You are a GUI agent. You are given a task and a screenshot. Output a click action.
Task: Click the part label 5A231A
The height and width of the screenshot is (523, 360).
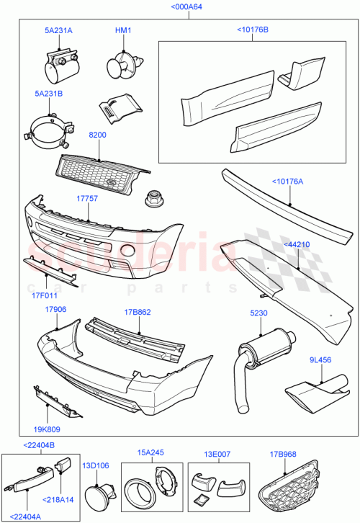[58, 31]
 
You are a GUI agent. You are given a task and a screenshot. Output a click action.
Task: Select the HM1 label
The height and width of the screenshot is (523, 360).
[124, 31]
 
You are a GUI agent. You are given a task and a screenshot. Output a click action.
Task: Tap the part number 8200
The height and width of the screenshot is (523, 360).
[98, 135]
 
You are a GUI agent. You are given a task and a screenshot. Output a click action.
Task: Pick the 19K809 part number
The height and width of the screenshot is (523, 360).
[47, 427]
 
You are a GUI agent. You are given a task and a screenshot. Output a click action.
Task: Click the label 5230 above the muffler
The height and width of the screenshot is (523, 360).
[258, 313]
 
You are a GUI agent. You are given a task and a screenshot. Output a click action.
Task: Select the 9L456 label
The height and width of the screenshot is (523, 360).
[320, 359]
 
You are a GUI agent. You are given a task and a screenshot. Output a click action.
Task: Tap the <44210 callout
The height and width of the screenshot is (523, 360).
[297, 245]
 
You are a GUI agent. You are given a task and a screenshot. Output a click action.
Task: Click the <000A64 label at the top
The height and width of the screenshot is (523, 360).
[186, 6]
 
